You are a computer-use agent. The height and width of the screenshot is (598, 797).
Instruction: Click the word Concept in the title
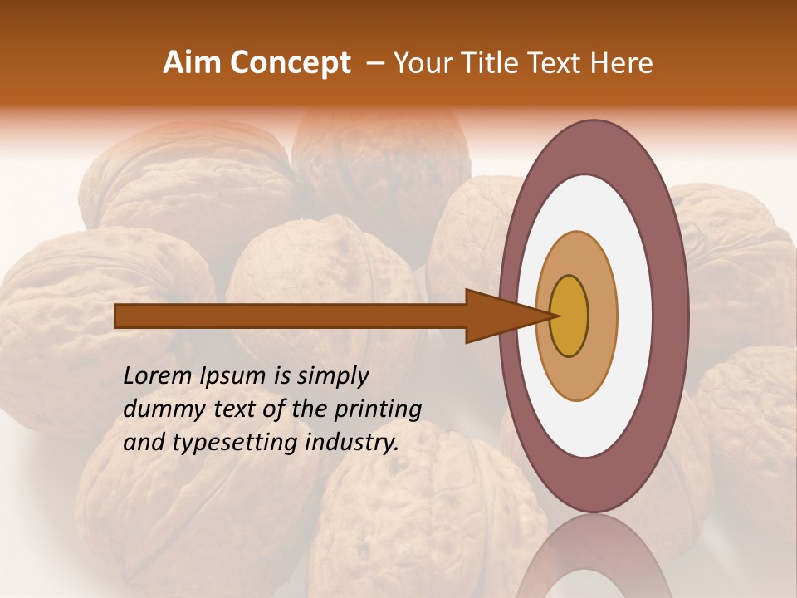290,63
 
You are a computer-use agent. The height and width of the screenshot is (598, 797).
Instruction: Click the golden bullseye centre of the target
569,316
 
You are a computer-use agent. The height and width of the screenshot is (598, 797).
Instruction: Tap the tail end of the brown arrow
120,316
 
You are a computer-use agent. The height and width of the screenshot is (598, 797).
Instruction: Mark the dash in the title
374,63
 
